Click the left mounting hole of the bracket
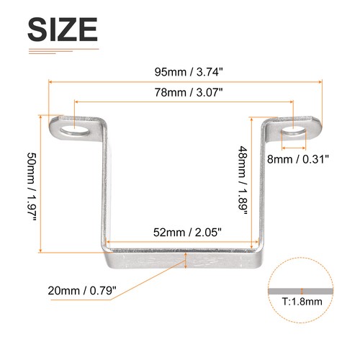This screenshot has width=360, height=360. coord(73,130)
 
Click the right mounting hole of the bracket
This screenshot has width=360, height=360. coord(294,131)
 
